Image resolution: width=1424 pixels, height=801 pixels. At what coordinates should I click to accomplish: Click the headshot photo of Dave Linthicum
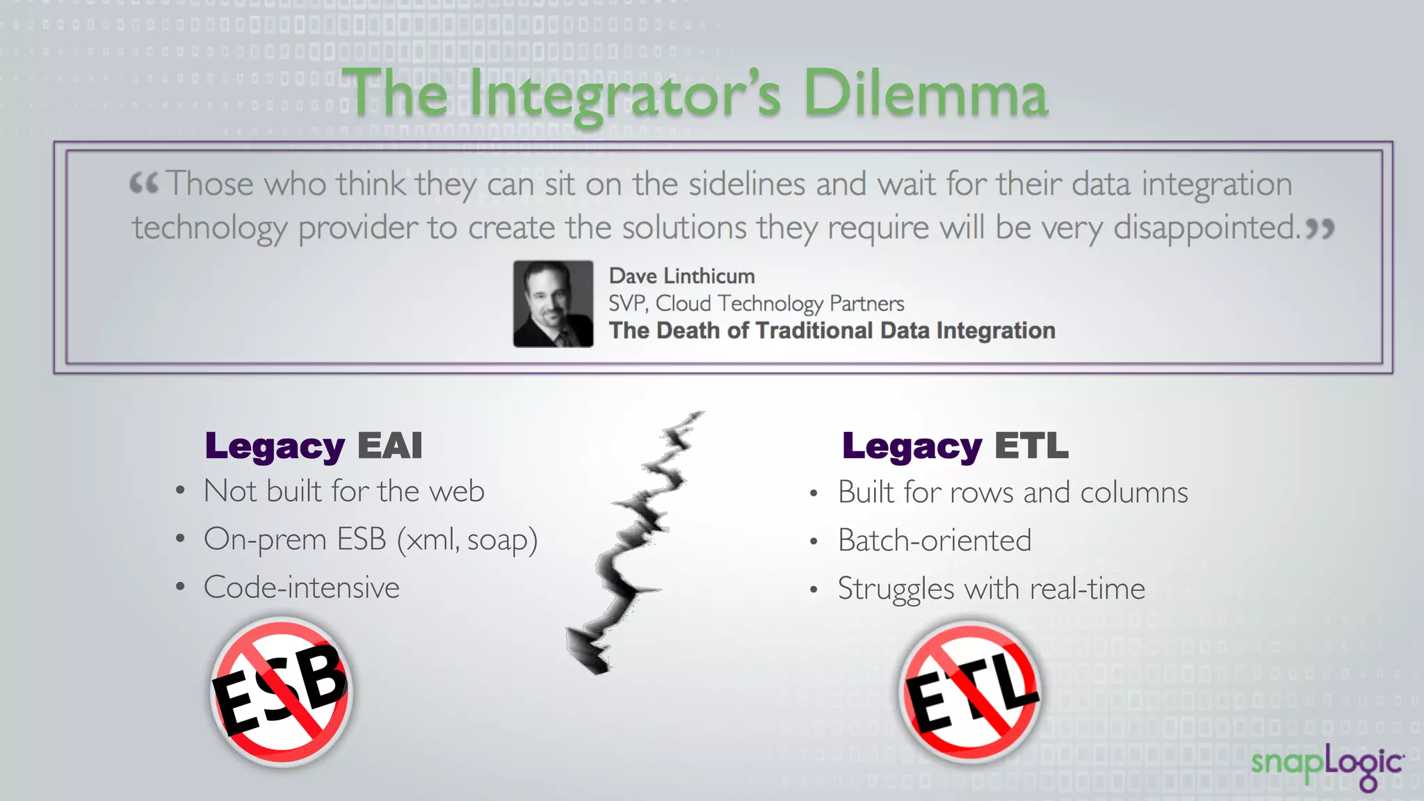(x=553, y=304)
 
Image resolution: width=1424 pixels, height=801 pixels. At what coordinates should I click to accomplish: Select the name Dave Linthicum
(x=681, y=276)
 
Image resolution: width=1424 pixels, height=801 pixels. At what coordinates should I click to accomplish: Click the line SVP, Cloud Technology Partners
(x=756, y=303)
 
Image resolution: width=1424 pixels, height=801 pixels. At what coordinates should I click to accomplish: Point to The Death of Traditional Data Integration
(x=832, y=330)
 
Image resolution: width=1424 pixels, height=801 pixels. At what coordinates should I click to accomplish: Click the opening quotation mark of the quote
(x=144, y=184)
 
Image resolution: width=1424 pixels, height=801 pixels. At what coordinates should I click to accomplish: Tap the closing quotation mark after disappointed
(x=1320, y=228)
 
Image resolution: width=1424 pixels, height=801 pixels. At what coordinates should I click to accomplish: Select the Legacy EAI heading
(x=314, y=446)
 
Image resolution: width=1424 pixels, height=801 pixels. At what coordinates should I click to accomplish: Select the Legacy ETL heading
(x=955, y=446)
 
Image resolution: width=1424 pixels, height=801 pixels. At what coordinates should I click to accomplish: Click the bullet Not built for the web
(x=343, y=492)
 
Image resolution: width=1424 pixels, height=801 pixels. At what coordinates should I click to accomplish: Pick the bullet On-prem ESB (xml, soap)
(x=371, y=540)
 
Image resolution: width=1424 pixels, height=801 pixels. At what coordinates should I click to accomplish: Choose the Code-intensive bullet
(x=301, y=588)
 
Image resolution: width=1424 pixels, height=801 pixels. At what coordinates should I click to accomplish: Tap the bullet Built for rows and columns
(x=1012, y=492)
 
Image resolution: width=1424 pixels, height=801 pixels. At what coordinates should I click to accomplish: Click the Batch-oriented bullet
(x=934, y=540)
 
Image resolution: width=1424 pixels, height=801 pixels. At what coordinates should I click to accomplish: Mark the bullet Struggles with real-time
(x=991, y=588)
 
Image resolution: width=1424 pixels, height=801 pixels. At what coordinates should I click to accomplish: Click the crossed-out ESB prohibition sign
(x=281, y=692)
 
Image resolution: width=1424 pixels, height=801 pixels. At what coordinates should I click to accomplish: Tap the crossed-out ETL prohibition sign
(x=971, y=692)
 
